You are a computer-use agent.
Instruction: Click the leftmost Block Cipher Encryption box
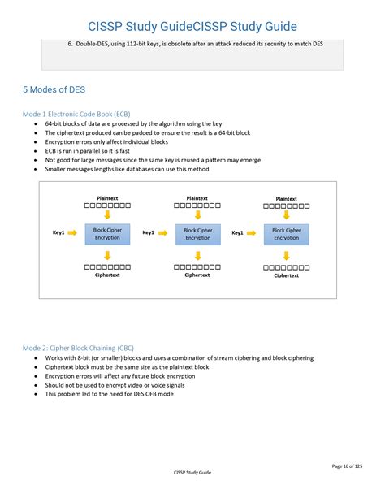point(107,233)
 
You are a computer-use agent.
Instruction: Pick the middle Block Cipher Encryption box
point(197,233)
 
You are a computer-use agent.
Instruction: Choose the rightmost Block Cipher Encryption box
point(286,233)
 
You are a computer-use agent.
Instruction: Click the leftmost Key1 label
point(58,233)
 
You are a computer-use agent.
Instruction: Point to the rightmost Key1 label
point(237,233)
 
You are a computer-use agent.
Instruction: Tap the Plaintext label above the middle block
point(197,197)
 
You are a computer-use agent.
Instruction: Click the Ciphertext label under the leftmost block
point(107,275)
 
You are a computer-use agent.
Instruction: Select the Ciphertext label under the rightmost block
point(286,276)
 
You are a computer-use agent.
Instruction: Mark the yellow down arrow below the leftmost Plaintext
point(107,216)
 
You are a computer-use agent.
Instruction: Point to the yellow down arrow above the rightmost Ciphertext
point(286,255)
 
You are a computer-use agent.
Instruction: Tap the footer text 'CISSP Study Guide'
point(192,473)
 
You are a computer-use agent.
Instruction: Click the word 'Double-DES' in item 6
point(97,44)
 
